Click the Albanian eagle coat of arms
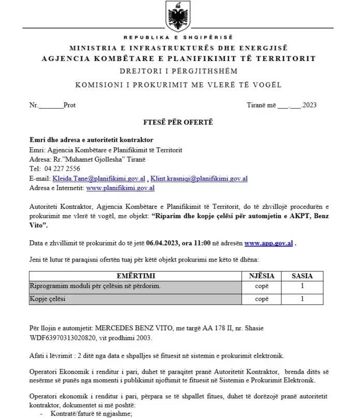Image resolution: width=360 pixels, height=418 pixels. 178,17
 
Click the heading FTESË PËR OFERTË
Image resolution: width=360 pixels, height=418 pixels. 178,122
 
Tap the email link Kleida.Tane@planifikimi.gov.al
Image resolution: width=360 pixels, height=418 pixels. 99,179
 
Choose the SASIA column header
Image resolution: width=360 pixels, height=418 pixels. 302,276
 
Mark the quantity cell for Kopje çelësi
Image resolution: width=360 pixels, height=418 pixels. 302,299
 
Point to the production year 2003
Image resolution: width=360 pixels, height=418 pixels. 143,337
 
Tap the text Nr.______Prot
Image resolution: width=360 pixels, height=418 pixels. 53,105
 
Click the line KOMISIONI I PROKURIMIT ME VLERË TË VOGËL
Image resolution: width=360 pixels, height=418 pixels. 178,85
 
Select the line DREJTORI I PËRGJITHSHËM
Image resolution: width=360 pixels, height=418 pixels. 178,71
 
